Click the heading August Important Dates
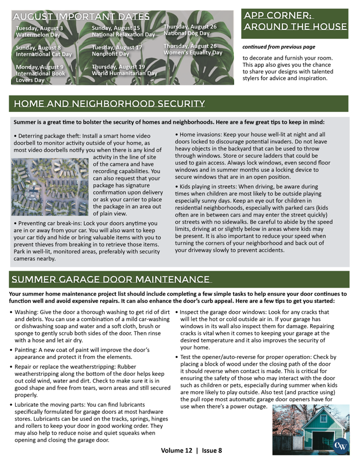[x=81, y=17]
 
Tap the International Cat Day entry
[x=44, y=51]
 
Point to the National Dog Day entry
[x=190, y=30]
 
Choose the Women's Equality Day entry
[x=193, y=49]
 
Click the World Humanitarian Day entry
[x=124, y=70]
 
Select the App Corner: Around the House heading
[x=295, y=21]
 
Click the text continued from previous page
[x=278, y=47]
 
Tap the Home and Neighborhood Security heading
[x=109, y=104]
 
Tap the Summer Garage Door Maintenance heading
[x=111, y=279]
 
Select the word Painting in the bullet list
[x=26, y=349]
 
